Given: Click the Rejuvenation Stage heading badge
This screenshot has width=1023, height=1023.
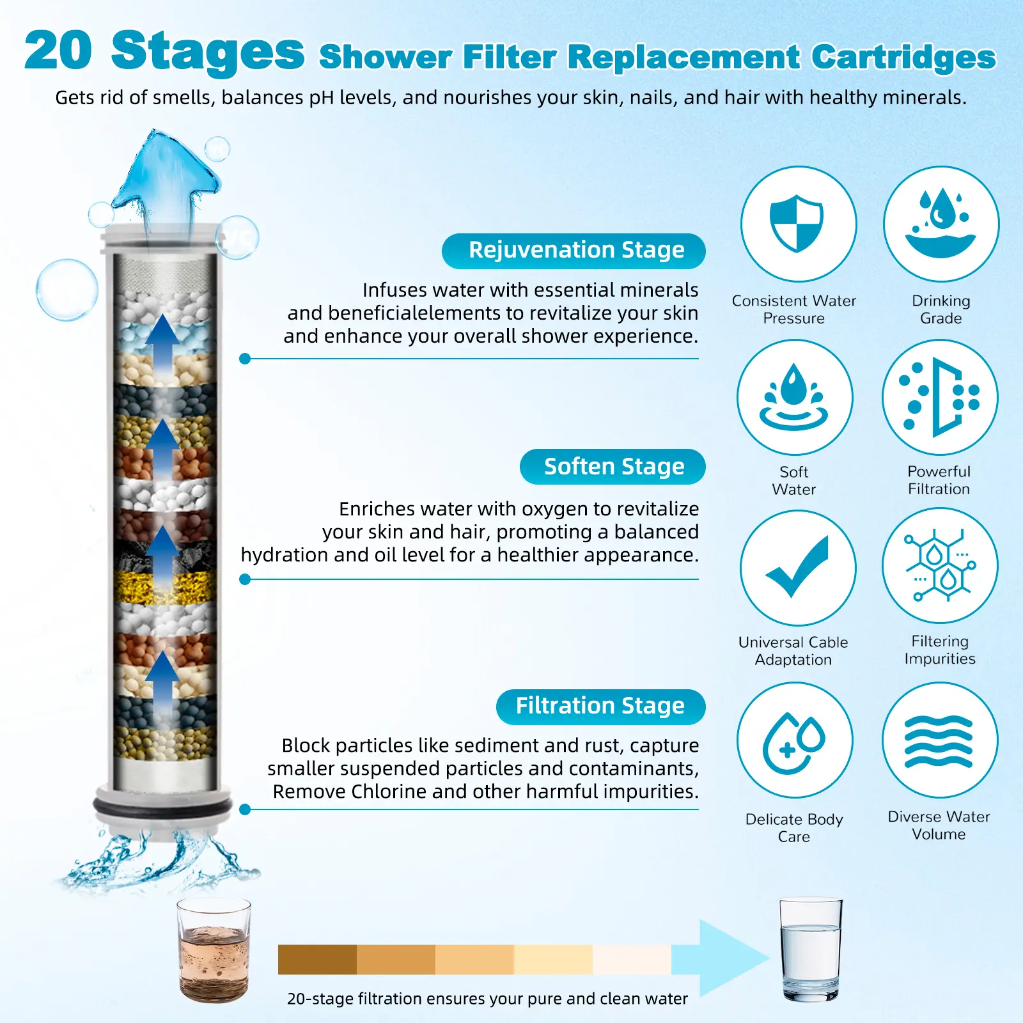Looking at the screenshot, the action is pyautogui.click(x=574, y=251).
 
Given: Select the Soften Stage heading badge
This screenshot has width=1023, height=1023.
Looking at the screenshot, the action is pyautogui.click(x=613, y=467).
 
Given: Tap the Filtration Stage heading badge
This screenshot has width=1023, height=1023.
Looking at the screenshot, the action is pyautogui.click(x=601, y=707).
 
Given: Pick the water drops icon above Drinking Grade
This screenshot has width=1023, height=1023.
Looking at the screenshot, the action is pyautogui.click(x=941, y=224).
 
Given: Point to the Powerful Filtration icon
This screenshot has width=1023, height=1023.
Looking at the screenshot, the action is pyautogui.click(x=940, y=397).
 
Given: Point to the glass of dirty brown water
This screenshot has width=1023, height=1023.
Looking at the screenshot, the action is pyautogui.click(x=214, y=949).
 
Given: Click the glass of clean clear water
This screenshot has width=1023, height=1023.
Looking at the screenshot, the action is pyautogui.click(x=811, y=950).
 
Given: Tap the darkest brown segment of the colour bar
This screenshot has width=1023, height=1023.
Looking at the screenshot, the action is pyautogui.click(x=317, y=960).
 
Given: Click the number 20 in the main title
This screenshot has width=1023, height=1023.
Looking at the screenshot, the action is pyautogui.click(x=58, y=51).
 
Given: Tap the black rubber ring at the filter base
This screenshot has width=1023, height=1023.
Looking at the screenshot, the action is pyautogui.click(x=162, y=804).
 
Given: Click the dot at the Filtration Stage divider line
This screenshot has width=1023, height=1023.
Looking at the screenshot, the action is pyautogui.click(x=245, y=809).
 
